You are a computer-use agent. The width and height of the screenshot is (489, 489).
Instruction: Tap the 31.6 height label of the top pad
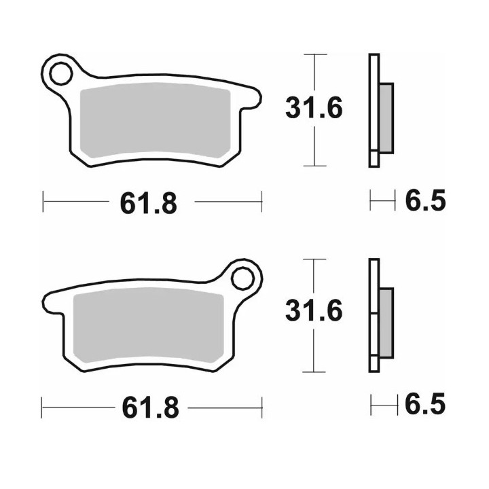click(314, 108)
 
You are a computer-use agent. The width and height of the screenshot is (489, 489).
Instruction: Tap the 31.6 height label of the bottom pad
click(314, 310)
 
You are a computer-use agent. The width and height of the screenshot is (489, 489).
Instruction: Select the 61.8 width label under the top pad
click(149, 203)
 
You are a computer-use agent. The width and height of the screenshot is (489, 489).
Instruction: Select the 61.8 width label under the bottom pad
click(151, 407)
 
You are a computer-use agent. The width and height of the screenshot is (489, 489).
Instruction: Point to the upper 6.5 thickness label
click(425, 200)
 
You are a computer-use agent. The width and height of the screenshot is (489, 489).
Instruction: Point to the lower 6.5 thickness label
click(425, 404)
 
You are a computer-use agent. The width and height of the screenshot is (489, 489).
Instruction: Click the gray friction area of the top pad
click(156, 120)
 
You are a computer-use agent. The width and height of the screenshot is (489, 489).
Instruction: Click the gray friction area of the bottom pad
click(149, 325)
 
